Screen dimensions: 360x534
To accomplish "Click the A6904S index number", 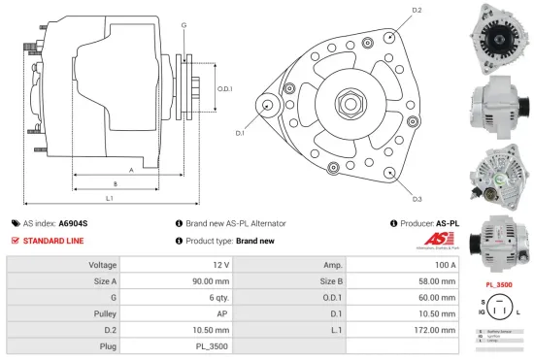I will pos(74,223).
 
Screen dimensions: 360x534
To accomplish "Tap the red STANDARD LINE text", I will pos(53,240).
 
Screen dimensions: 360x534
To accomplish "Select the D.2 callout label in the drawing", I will pos(417,11).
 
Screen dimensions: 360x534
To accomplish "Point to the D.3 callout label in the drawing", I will pos(417,199).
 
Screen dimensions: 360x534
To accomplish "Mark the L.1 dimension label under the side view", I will pos(110,198).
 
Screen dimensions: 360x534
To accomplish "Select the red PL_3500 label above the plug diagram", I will pos(498,284).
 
